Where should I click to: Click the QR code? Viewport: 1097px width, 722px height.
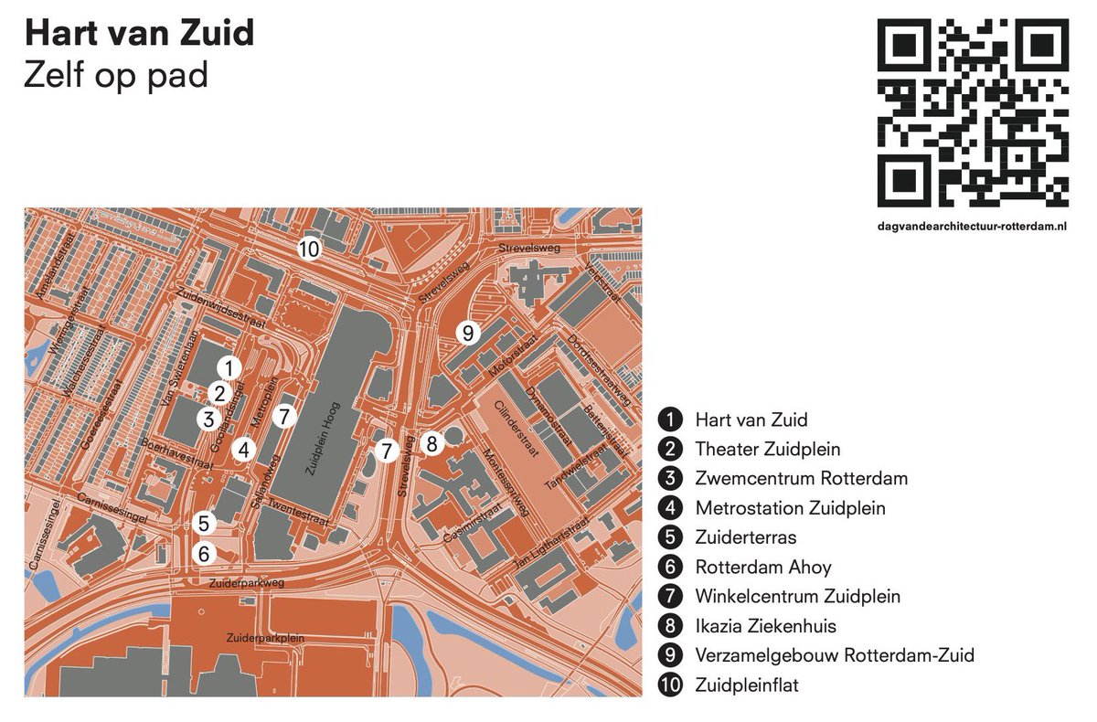pos(973,113)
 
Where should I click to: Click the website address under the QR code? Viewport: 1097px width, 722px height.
pos(973,225)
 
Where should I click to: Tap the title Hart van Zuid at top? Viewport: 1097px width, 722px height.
pos(139,34)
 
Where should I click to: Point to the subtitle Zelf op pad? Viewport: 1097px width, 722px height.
pos(116,75)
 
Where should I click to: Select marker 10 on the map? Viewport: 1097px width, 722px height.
pos(309,248)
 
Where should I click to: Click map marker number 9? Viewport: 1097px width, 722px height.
pos(468,333)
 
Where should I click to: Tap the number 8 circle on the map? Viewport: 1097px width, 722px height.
pos(432,443)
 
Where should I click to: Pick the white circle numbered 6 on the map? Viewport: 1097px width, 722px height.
pos(204,553)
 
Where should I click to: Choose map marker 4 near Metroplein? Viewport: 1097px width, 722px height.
pos(242,450)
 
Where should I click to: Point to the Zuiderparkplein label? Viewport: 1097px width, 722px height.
pos(264,638)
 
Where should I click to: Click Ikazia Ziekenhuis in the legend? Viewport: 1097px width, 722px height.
pos(765,626)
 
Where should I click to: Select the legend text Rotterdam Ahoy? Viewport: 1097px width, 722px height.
pos(762,568)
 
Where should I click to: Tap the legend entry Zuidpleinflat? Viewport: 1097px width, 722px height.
pos(746,685)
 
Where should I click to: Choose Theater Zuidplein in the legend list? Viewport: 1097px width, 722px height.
pos(767,450)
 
